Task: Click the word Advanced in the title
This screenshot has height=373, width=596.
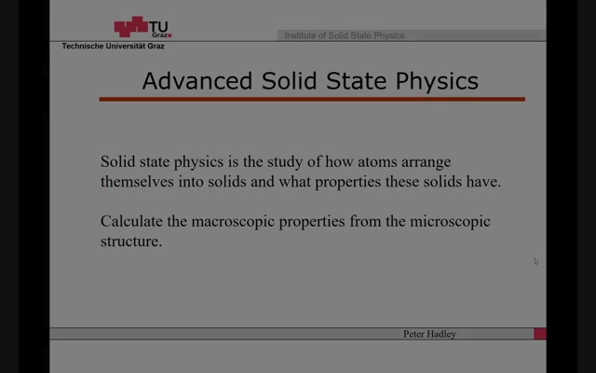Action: [x=197, y=81]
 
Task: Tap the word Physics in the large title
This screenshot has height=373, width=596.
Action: [x=437, y=81]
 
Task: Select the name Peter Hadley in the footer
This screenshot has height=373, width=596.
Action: [x=429, y=334]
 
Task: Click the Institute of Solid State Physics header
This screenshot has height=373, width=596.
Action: [x=345, y=35]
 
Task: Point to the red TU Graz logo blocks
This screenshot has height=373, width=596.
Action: [x=130, y=26]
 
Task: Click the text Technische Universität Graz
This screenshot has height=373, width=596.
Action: [x=114, y=46]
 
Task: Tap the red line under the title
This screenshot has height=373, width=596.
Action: [x=312, y=99]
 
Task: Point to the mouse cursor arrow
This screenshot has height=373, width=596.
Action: [x=536, y=261]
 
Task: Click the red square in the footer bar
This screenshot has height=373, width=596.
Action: [x=540, y=334]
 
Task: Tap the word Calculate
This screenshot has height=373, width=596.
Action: [x=131, y=221]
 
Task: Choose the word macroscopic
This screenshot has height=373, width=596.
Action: [x=233, y=222]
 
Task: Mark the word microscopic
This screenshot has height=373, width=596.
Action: [x=450, y=222]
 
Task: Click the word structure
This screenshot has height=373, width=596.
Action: [x=131, y=242]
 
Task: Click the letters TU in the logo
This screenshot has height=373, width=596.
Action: [x=158, y=27]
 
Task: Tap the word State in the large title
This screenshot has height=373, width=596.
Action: [x=356, y=81]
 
